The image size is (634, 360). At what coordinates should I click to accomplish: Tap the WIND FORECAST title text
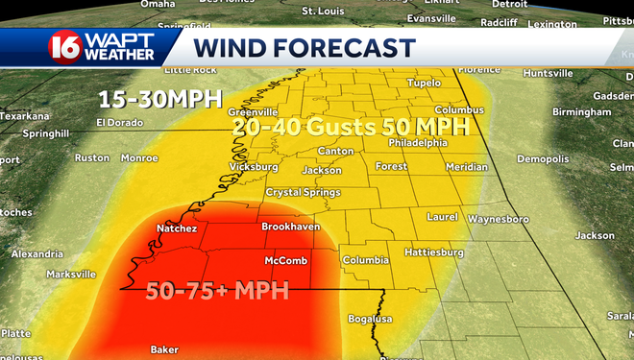[304, 48]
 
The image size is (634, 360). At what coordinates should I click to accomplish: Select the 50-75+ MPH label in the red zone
[217, 290]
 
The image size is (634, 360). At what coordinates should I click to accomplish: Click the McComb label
[285, 260]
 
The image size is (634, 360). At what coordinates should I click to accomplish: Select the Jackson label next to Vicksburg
[321, 171]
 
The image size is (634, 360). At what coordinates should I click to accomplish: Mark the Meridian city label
[467, 167]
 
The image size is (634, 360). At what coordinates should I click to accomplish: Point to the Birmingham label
[581, 111]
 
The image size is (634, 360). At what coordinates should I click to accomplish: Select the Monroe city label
[138, 157]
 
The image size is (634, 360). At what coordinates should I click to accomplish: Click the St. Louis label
[322, 11]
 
